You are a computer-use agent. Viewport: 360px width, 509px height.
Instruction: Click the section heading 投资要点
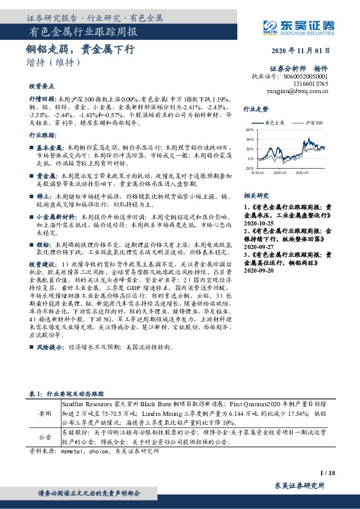point(42,86)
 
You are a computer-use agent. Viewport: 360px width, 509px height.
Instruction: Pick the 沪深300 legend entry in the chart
point(315,123)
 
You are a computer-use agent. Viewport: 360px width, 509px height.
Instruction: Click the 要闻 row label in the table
point(45,412)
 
